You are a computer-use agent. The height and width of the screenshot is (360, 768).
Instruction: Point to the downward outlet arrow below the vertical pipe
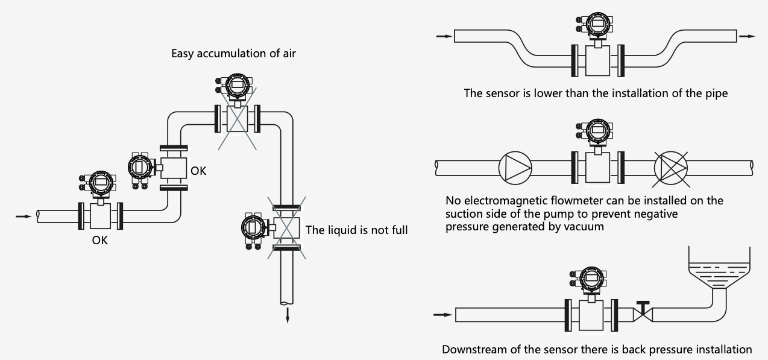pyautogui.click(x=287, y=314)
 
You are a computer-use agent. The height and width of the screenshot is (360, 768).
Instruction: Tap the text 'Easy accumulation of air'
pyautogui.click(x=233, y=54)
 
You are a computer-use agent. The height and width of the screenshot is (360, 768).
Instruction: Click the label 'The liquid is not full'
pyautogui.click(x=357, y=230)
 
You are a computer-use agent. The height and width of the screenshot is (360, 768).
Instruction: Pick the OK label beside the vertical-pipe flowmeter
pyautogui.click(x=198, y=171)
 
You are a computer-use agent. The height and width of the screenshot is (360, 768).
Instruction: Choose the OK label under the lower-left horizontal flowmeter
pyautogui.click(x=100, y=240)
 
